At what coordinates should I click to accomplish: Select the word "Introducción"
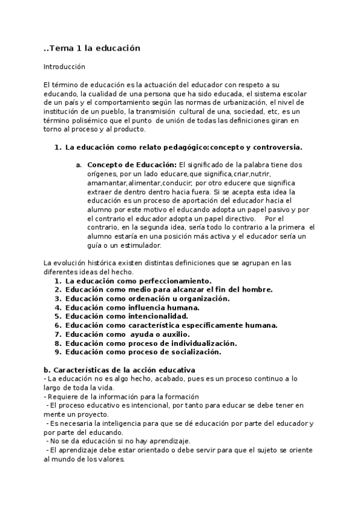tap(64, 67)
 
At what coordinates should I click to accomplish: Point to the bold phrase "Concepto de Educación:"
tap(132, 165)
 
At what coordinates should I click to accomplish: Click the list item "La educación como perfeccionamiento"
tap(138, 281)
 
